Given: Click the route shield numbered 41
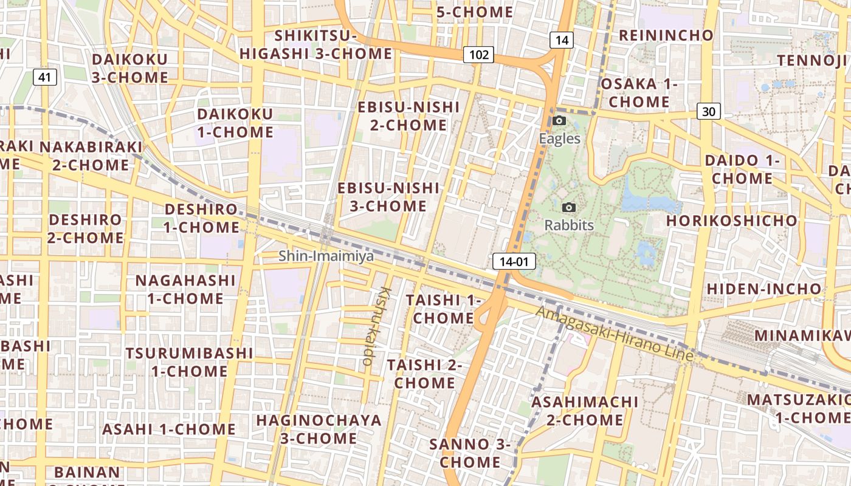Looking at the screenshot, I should coord(44,77).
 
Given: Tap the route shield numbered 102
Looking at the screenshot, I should coord(479,55).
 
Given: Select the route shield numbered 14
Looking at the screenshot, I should coord(561,41).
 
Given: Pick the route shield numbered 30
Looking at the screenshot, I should coord(708,111).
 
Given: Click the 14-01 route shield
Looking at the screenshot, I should coord(514,262).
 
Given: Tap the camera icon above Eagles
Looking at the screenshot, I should coord(559,121).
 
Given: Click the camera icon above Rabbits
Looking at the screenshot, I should coord(569,208).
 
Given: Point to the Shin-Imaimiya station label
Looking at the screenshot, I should coord(326,256).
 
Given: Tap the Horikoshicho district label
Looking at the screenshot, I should coord(731,220).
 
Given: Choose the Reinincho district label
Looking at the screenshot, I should coord(666,35).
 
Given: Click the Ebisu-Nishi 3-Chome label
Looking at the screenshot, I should coord(388,197).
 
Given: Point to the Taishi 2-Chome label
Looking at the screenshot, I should coord(424,374).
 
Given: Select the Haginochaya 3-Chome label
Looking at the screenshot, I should coord(319,429).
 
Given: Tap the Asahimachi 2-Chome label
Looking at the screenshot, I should coord(585,411).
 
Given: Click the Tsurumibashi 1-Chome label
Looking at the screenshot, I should coord(189,362).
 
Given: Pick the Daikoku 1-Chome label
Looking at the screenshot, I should coord(235,123).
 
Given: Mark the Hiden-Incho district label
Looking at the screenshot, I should coord(763,289).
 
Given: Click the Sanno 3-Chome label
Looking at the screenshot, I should coord(470,453).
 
